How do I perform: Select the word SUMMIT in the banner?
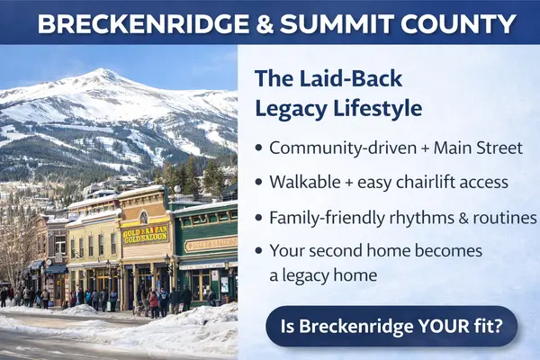click(x=331, y=23)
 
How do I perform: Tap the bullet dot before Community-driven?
click(x=260, y=148)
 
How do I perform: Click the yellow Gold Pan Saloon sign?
click(x=144, y=234)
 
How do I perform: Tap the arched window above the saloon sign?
click(x=143, y=217)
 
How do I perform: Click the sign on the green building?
click(x=210, y=243)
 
